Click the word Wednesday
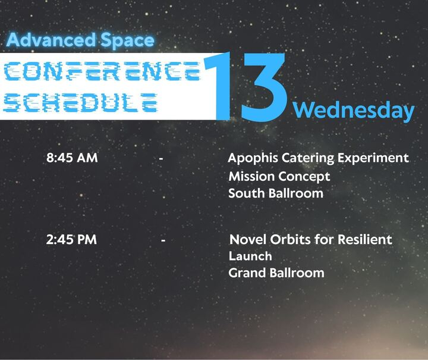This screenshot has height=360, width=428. pos(354,110)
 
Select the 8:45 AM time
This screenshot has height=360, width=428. pos(72,158)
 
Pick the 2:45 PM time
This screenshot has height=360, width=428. pos(71,240)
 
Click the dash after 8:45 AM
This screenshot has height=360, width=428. pos(161,159)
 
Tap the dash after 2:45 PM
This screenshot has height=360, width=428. pos(163,240)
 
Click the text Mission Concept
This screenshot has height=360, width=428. pos(279,177)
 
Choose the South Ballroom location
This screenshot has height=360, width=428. pos(276,193)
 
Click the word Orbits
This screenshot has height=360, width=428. pos(285,240)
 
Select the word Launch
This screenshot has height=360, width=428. pos(250,256)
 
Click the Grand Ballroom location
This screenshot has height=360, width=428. pos(276,273)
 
